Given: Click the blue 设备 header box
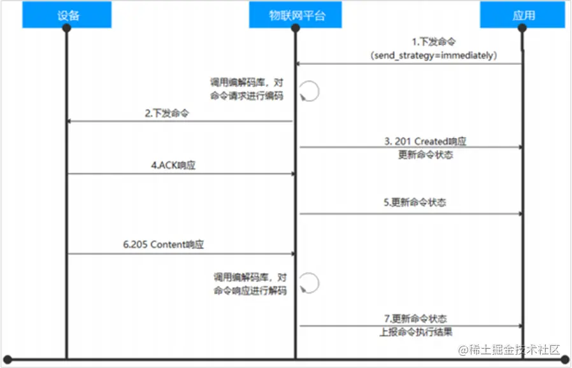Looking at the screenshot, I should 68,15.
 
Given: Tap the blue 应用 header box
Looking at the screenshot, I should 523,15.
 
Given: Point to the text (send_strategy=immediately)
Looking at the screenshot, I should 433,56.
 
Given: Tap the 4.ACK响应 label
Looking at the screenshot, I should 173,165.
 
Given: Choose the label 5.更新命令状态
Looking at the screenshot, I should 415,202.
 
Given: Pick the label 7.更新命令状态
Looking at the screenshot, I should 415,318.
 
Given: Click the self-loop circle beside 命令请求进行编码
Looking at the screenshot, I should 309,92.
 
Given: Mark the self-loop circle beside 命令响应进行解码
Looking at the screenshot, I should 309,282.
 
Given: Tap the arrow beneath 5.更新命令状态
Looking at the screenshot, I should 411,213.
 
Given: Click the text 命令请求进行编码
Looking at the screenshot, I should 247,97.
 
